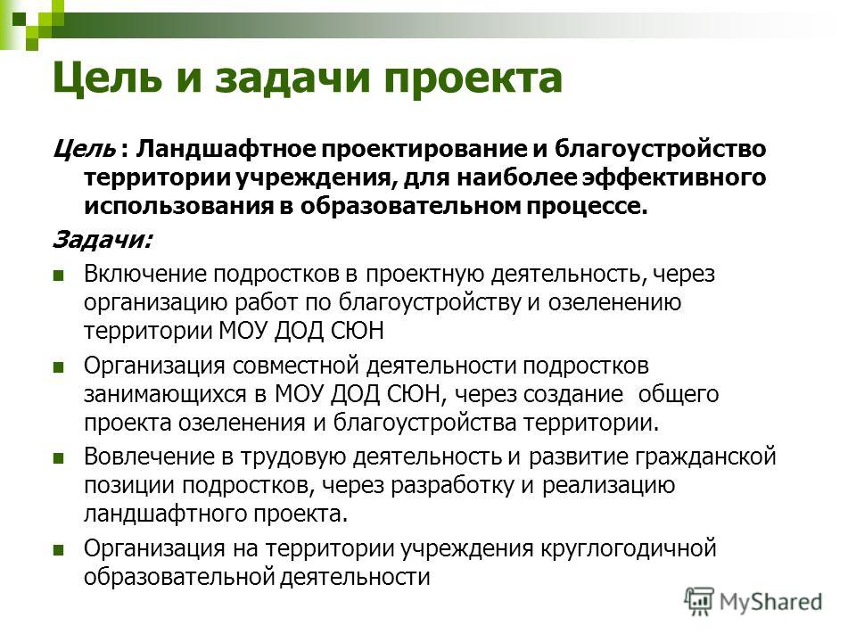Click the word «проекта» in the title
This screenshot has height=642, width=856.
point(473,79)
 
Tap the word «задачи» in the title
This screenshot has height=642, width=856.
point(291,79)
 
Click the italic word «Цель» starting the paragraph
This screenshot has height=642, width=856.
point(85,149)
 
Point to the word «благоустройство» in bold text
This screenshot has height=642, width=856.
point(660,149)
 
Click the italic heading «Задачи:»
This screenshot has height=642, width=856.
point(103,240)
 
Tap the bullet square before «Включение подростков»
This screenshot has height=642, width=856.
point(59,276)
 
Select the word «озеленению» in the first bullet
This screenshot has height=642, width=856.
point(614,302)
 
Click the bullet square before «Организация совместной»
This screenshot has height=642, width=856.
point(59,366)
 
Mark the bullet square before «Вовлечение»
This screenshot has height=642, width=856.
point(59,458)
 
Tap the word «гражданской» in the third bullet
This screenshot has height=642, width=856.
point(705,457)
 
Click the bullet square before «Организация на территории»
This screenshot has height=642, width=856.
point(59,550)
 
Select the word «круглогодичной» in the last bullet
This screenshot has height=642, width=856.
point(629,548)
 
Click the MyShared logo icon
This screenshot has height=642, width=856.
point(699,602)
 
